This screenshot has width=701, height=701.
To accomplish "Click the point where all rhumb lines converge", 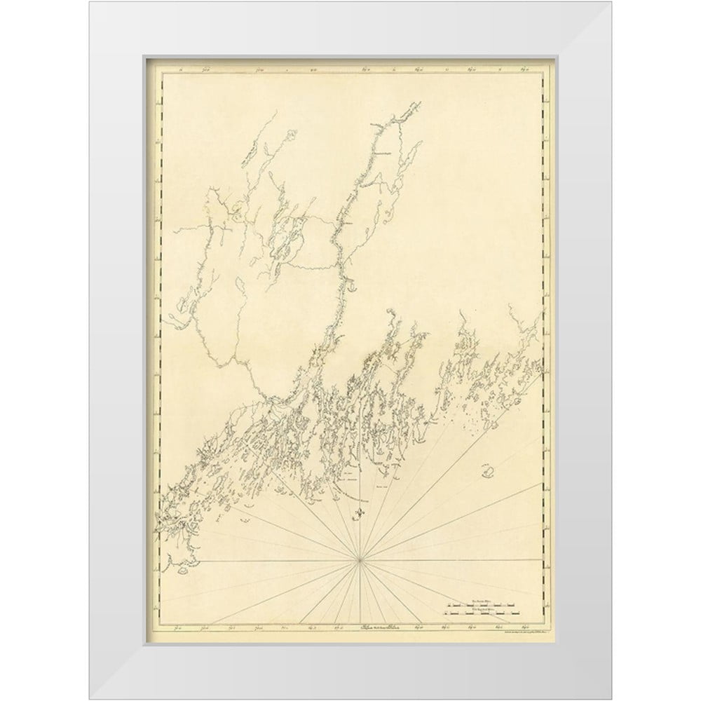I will (x=359, y=559).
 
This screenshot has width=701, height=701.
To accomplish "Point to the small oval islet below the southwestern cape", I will (x=245, y=520).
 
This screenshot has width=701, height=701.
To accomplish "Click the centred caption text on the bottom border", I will (x=359, y=628).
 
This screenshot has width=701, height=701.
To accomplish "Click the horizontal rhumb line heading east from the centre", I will (x=456, y=559).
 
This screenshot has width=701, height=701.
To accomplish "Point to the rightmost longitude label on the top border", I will (x=526, y=69).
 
